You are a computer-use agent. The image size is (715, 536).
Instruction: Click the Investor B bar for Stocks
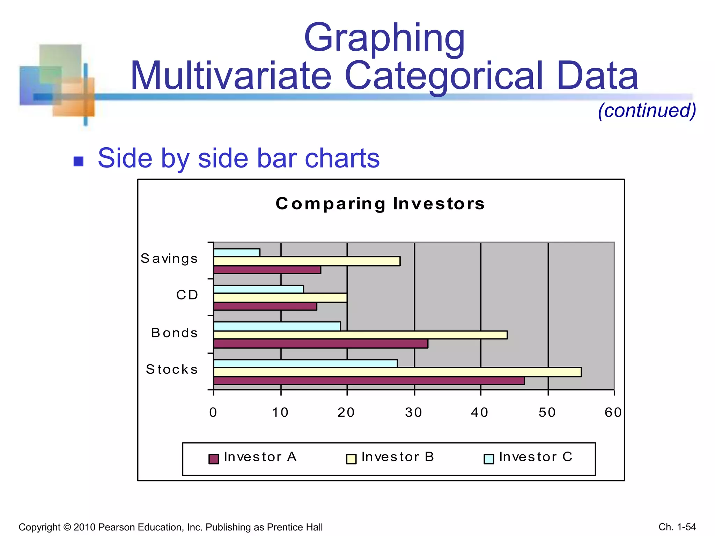click(x=397, y=372)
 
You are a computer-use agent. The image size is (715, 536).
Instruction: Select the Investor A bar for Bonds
click(x=320, y=344)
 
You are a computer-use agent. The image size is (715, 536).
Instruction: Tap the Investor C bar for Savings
click(x=237, y=252)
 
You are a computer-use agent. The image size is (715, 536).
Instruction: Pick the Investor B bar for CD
click(x=280, y=298)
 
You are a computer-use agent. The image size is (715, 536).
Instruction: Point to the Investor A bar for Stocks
click(x=369, y=381)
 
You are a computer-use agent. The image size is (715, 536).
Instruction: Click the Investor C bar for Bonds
click(x=277, y=326)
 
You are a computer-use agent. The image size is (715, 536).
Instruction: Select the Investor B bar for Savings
click(x=307, y=261)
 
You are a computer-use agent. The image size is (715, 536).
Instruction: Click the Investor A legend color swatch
click(x=214, y=459)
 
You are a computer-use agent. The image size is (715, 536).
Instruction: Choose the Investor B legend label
click(x=398, y=457)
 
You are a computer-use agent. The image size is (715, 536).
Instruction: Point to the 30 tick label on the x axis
click(x=414, y=413)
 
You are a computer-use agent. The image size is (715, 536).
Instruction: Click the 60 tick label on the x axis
click(x=613, y=413)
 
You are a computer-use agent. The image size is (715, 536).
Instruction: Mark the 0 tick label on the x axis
click(x=213, y=413)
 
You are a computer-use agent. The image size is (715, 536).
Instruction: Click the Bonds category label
click(x=174, y=333)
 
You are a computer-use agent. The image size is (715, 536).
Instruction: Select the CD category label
click(x=187, y=295)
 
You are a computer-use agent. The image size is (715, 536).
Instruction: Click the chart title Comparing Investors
click(x=380, y=203)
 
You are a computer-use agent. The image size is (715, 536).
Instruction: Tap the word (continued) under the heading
click(x=647, y=110)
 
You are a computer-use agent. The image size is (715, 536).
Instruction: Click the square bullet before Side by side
click(x=79, y=161)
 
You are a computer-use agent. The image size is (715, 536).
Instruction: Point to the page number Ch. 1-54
click(x=677, y=527)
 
